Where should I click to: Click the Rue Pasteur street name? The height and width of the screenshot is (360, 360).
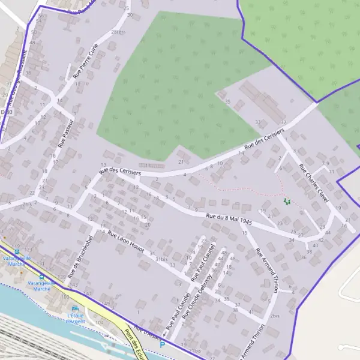[x=65, y=133]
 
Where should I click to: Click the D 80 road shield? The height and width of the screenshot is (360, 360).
[x=6, y=112]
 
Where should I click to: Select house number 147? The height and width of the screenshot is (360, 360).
[x=88, y=293]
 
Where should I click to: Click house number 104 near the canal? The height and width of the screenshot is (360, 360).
[x=100, y=323]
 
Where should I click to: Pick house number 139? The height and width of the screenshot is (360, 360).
[x=62, y=277]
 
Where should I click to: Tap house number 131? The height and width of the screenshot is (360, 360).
[x=41, y=263]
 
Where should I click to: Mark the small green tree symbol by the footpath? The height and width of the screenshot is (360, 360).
[x=287, y=202]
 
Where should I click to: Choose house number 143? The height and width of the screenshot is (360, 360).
[x=73, y=285]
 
